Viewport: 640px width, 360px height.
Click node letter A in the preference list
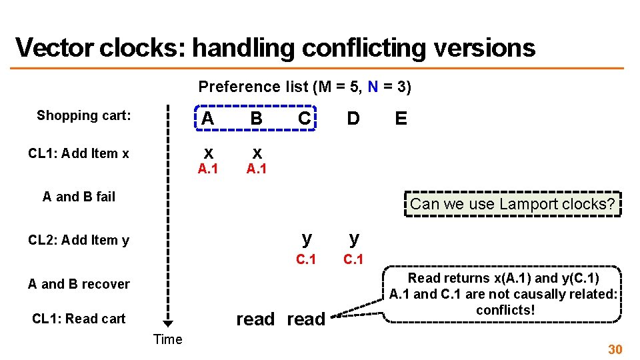point(208,119)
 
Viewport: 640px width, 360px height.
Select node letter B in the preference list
point(256,119)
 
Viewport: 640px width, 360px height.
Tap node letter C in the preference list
point(304,119)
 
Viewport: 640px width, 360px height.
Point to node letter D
point(353,119)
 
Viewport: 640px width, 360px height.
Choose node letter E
point(401,119)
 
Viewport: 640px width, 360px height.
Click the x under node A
point(208,152)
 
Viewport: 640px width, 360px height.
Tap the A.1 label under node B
point(256,169)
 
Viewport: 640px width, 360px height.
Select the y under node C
point(306,237)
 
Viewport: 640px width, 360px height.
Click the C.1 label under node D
point(353,259)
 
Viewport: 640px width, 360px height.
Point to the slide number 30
point(614,349)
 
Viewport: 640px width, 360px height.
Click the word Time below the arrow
point(167,339)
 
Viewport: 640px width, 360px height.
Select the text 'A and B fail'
point(79,197)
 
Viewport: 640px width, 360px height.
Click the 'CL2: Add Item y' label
point(79,240)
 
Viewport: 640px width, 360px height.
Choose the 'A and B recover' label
point(79,284)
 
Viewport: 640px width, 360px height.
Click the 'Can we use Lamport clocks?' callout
point(512,204)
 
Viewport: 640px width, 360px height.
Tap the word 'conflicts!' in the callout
point(505,310)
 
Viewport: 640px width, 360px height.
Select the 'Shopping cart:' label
point(84,115)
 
